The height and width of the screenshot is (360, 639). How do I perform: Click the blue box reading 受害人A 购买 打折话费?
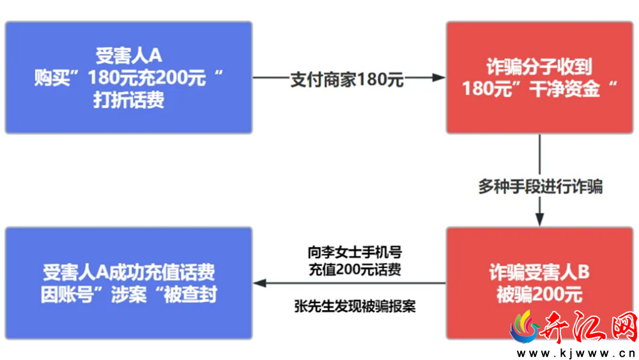(x=129, y=77)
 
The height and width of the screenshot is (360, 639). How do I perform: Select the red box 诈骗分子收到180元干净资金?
(x=539, y=77)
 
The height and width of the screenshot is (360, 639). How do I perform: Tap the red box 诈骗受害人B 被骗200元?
(x=539, y=283)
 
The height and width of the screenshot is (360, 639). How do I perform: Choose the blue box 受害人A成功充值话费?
(x=129, y=283)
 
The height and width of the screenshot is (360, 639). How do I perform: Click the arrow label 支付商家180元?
(x=347, y=79)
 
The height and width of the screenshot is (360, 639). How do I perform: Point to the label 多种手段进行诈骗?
(x=541, y=187)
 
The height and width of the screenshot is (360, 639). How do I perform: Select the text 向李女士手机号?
(x=355, y=253)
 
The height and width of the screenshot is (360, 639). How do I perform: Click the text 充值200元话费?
(x=355, y=269)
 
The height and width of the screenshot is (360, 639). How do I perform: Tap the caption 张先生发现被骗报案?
(x=355, y=306)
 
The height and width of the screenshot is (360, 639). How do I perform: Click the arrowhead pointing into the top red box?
(x=439, y=77)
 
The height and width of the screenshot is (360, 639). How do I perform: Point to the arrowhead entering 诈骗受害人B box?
(x=539, y=219)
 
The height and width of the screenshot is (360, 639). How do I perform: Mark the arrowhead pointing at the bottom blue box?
(x=259, y=283)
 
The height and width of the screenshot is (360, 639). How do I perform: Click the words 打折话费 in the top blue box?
(x=129, y=100)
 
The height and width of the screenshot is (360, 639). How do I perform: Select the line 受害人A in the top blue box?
(x=129, y=56)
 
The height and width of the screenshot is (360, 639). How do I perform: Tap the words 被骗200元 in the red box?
(x=539, y=294)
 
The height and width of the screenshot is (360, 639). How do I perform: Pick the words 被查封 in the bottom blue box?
(x=190, y=294)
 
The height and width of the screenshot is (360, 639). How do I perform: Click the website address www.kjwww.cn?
(x=576, y=353)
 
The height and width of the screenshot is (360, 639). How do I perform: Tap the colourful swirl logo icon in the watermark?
(x=525, y=327)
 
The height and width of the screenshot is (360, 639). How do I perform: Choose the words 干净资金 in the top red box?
(x=564, y=88)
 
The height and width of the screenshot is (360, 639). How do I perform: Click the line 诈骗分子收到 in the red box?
(x=539, y=67)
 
